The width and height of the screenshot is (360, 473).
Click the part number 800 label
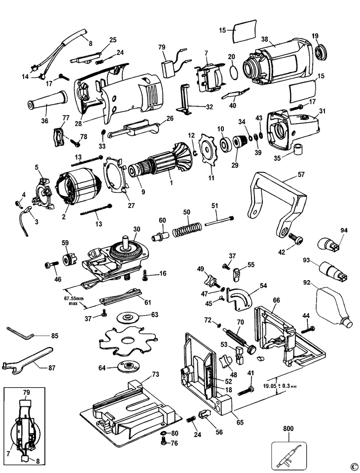[x=288, y=428]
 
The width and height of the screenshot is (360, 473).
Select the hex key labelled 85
[x=18, y=331]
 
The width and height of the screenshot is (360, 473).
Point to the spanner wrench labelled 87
[x=27, y=361]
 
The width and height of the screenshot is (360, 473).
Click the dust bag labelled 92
[x=332, y=305]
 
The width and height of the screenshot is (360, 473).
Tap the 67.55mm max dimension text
[x=74, y=300]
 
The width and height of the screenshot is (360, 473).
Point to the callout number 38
[x=264, y=39]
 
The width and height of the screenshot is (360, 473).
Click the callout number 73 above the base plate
[x=155, y=374]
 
